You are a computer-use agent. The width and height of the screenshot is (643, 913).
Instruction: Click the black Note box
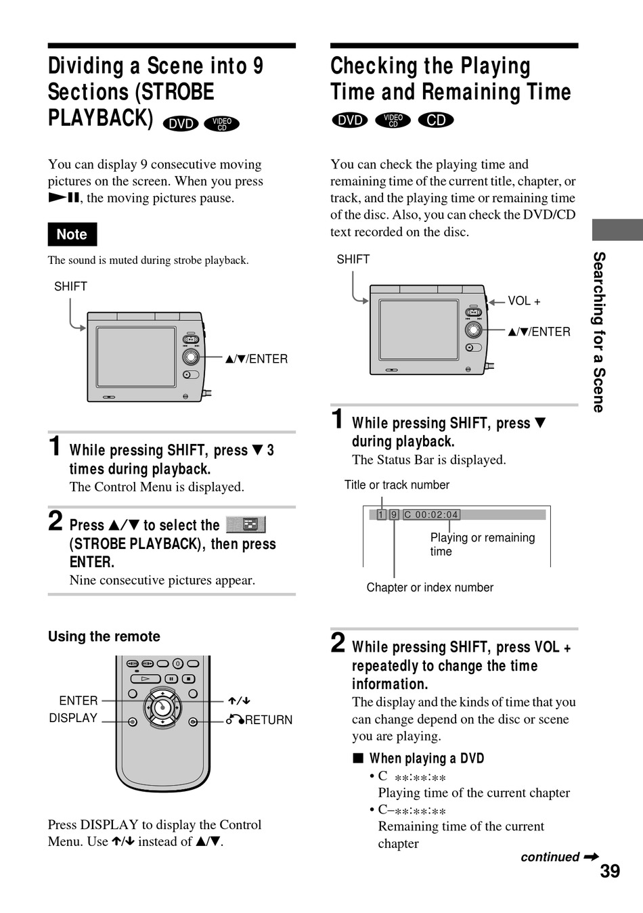(x=72, y=234)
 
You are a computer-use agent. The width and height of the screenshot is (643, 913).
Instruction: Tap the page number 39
(x=610, y=872)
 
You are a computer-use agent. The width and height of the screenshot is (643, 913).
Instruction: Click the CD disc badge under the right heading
(x=436, y=120)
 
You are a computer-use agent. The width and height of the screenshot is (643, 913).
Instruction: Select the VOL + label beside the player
(x=524, y=301)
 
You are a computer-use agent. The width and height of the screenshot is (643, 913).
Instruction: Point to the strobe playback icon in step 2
(x=246, y=524)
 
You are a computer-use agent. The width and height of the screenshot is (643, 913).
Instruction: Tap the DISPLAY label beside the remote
(x=73, y=718)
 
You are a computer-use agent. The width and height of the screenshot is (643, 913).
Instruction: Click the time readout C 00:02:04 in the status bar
(x=431, y=515)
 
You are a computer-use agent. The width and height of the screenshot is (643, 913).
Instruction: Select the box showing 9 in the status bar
(x=393, y=515)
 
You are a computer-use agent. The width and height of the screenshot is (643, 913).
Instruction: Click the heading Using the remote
(x=104, y=636)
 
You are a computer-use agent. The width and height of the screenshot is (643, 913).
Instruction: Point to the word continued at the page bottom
(x=550, y=857)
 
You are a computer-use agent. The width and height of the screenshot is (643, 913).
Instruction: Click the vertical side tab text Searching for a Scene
(x=598, y=332)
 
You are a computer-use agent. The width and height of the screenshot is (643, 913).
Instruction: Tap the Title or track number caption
(x=397, y=485)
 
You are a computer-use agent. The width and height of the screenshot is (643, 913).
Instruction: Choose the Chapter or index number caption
(x=430, y=587)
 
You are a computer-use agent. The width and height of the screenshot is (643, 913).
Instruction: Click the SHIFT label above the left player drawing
(x=70, y=286)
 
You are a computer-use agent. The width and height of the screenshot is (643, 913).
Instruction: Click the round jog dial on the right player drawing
(x=473, y=330)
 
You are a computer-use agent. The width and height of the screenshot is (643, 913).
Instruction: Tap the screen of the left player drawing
(x=136, y=357)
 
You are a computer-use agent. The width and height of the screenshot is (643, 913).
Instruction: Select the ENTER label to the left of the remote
(x=79, y=700)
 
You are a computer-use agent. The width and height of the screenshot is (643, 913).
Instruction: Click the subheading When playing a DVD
(x=426, y=759)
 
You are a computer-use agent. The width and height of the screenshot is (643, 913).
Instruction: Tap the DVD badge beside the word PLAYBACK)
(x=181, y=124)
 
